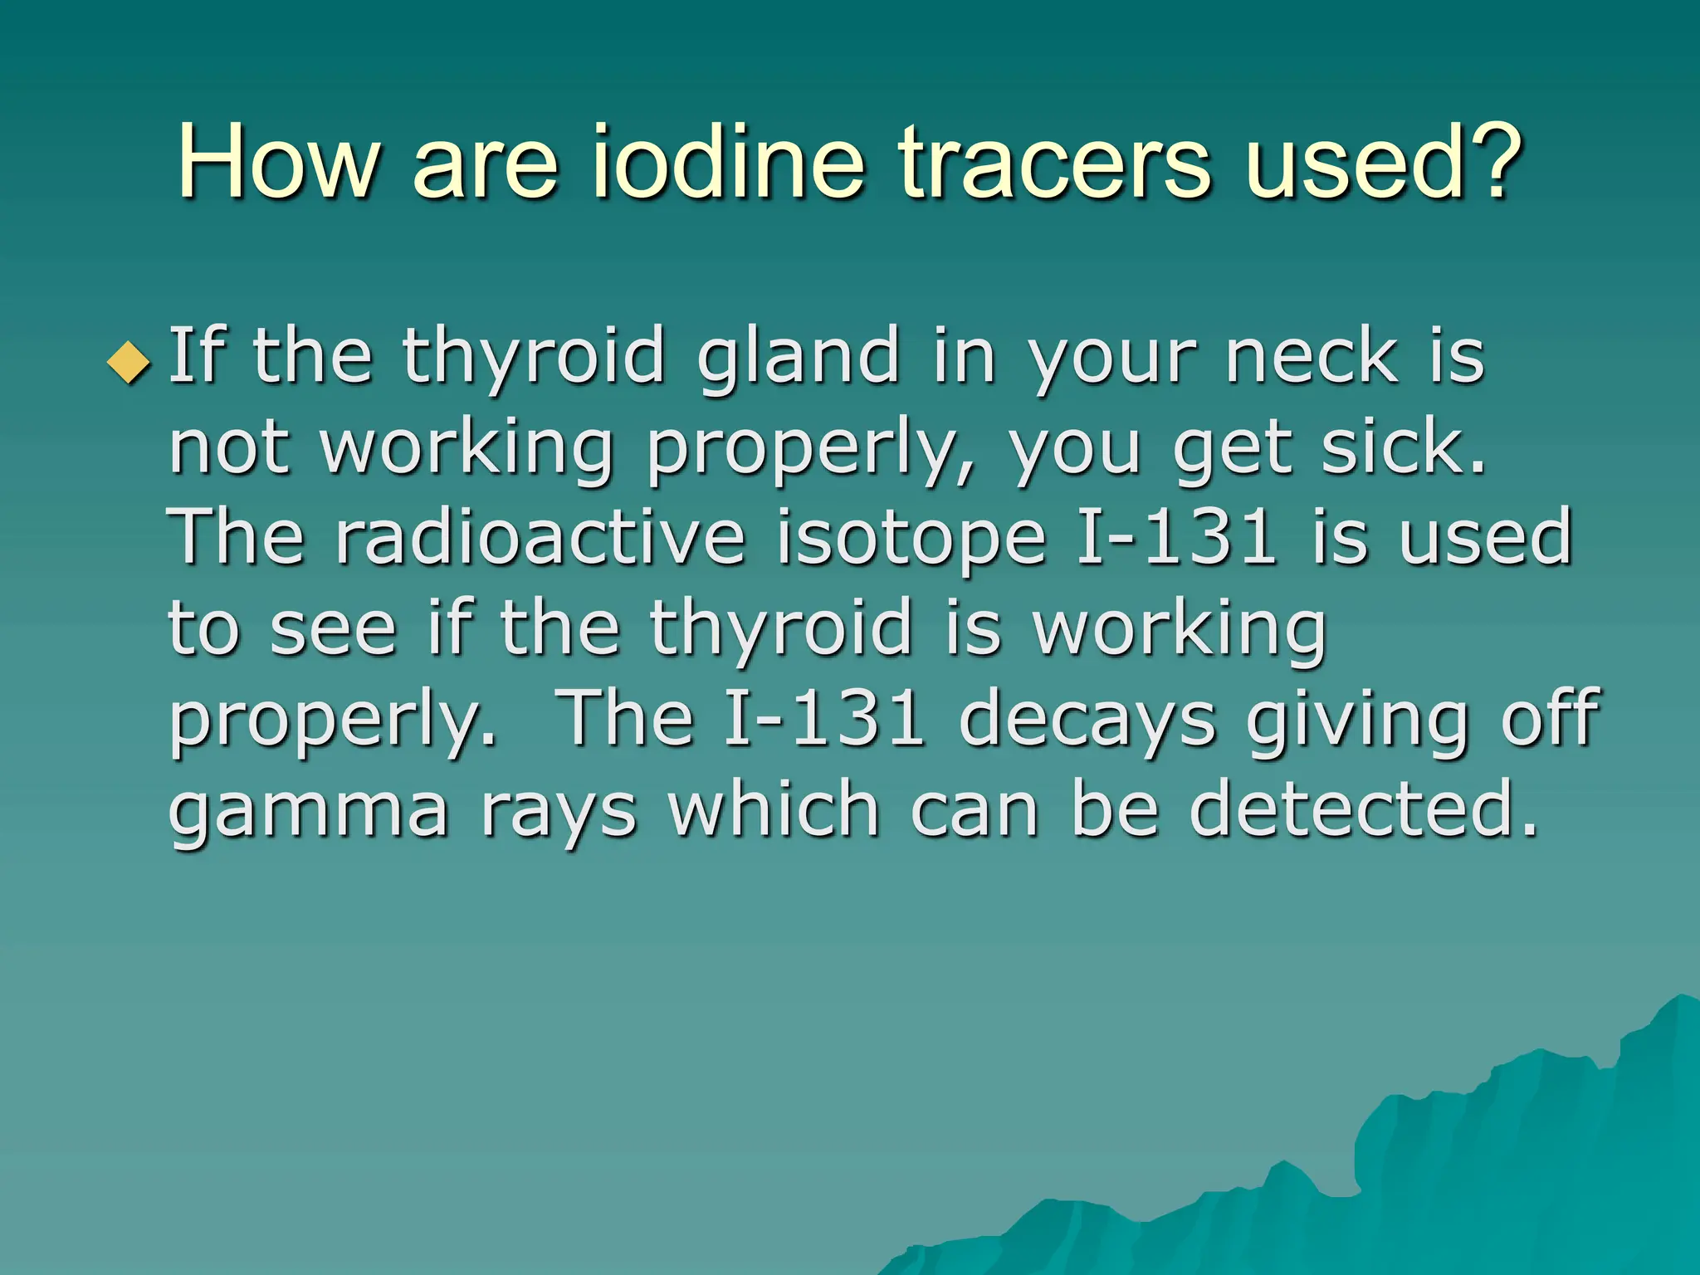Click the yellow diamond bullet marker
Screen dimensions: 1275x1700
[x=129, y=363]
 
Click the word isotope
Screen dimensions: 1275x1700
[x=911, y=540]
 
